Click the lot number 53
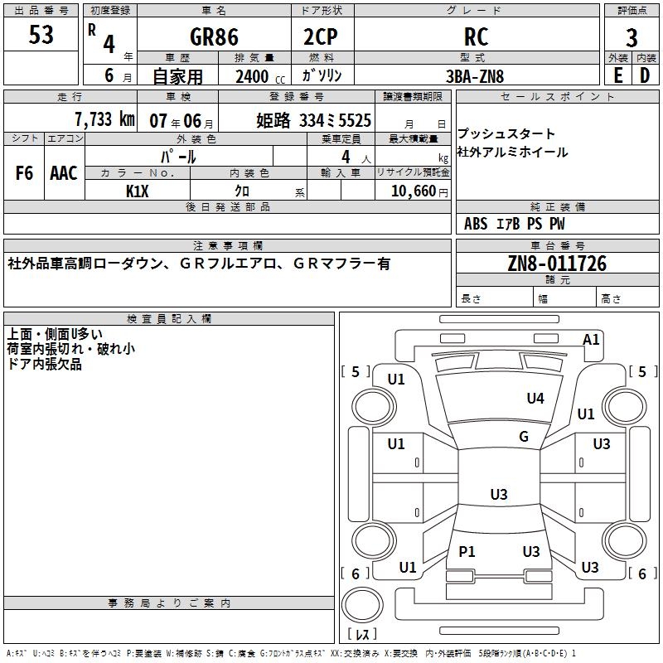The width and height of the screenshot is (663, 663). click(41, 36)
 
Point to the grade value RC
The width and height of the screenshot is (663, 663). click(477, 37)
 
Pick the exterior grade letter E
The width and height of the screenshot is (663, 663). click(617, 75)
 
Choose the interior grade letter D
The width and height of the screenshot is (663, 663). click(645, 75)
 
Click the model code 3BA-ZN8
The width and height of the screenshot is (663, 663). click(475, 76)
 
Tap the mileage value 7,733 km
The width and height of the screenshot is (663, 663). click(104, 119)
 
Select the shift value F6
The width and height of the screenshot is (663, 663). click(25, 172)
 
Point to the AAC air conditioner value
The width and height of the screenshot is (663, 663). click(63, 172)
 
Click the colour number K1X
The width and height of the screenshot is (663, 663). click(138, 191)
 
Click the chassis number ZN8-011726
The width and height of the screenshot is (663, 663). click(557, 264)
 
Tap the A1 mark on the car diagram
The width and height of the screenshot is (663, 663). click(591, 339)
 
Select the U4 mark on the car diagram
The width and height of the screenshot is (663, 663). click(535, 399)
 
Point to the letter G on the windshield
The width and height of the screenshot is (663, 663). click(523, 437)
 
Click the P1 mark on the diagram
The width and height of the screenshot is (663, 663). click(467, 551)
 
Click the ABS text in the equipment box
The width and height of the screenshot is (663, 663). click(476, 224)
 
